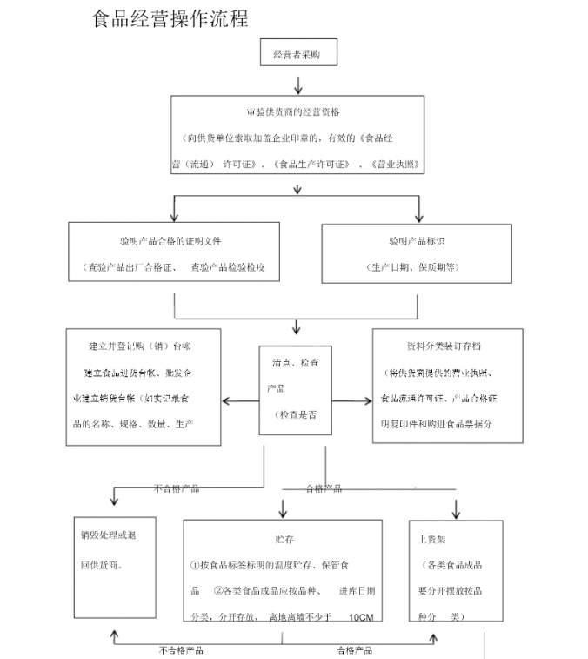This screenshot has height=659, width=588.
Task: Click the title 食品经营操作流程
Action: tap(170, 19)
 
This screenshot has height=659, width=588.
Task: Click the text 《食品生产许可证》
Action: tap(311, 163)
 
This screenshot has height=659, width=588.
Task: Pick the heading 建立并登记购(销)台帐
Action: tap(141, 346)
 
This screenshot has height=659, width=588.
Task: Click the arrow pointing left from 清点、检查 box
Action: tap(235, 400)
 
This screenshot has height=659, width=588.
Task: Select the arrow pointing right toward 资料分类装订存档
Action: tap(357, 400)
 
